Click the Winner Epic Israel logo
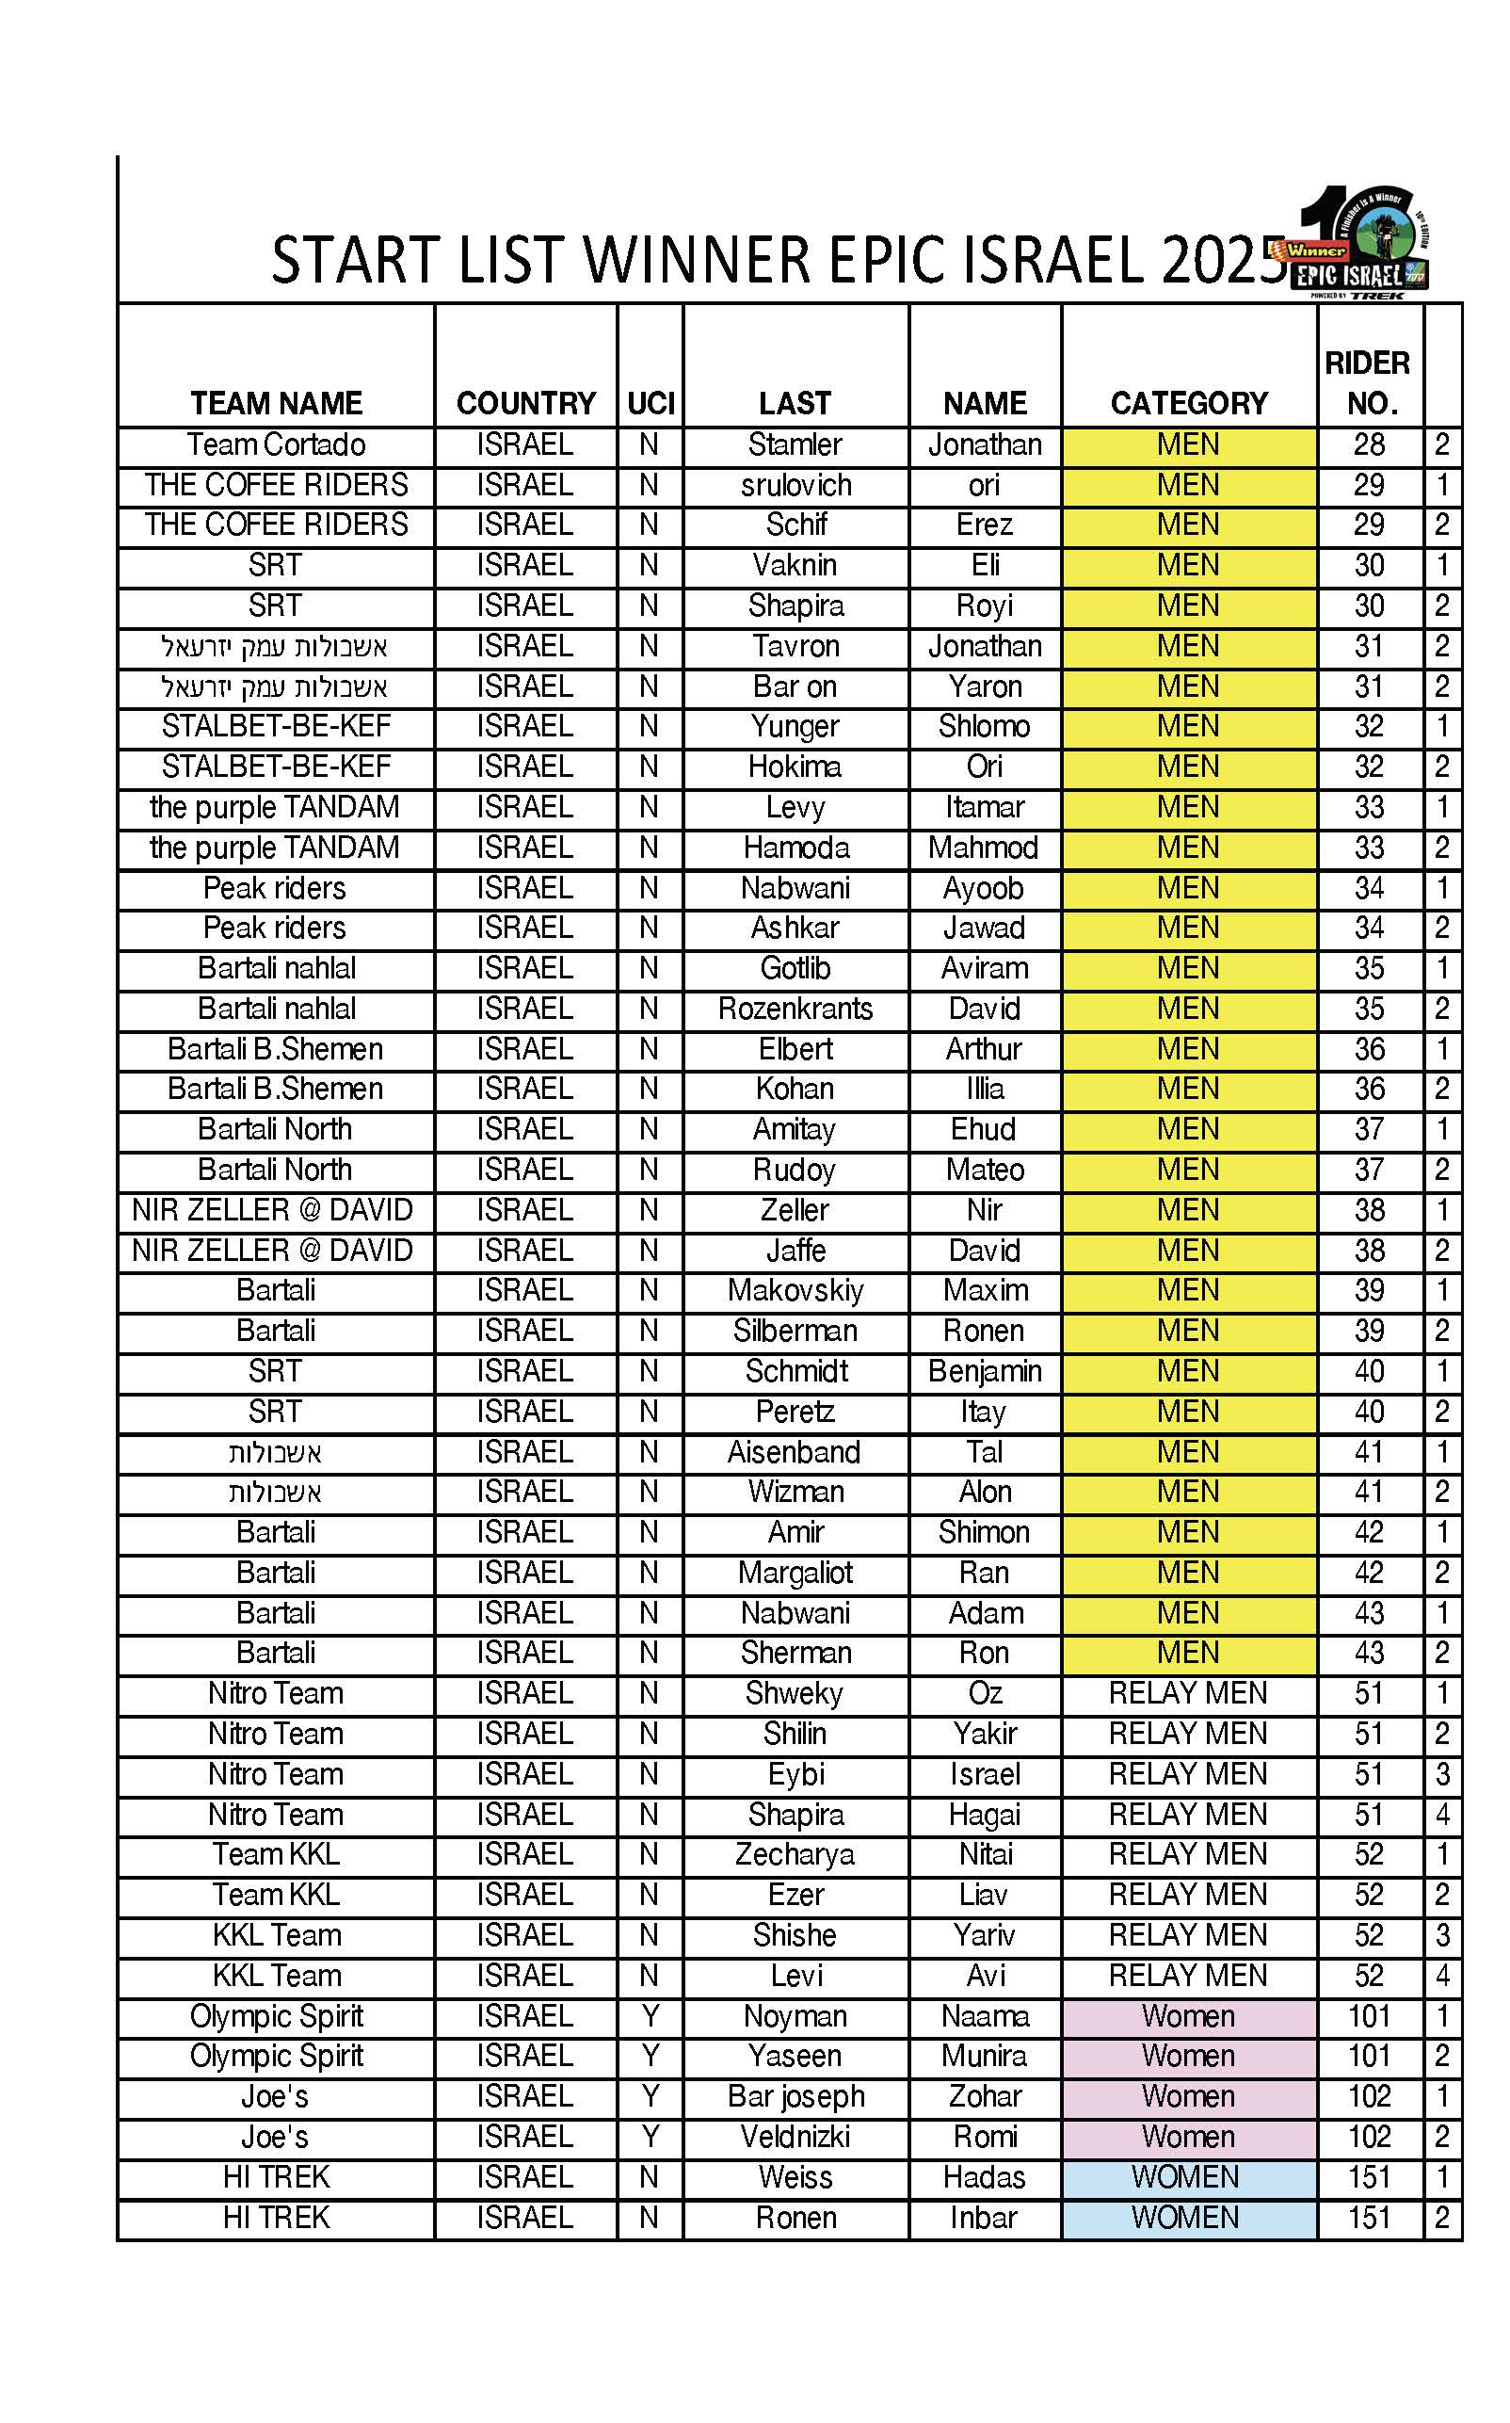pos(1364,243)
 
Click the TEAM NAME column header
pos(276,402)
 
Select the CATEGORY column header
pos(1188,402)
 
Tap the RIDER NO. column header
pos(1368,382)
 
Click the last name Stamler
pos(795,444)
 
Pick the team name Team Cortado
pos(276,444)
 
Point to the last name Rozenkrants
pos(795,1009)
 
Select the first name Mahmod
pos(984,848)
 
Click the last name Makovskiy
pos(795,1290)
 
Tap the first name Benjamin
pos(984,1371)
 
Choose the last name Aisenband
pos(795,1452)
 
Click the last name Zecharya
pos(795,1855)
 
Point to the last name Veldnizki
pos(795,2137)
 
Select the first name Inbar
pos(984,2218)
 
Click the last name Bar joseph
pos(795,2096)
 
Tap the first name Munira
pos(984,2057)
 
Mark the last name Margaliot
pos(795,1573)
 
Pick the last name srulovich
pos(795,485)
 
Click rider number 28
pos(1368,444)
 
